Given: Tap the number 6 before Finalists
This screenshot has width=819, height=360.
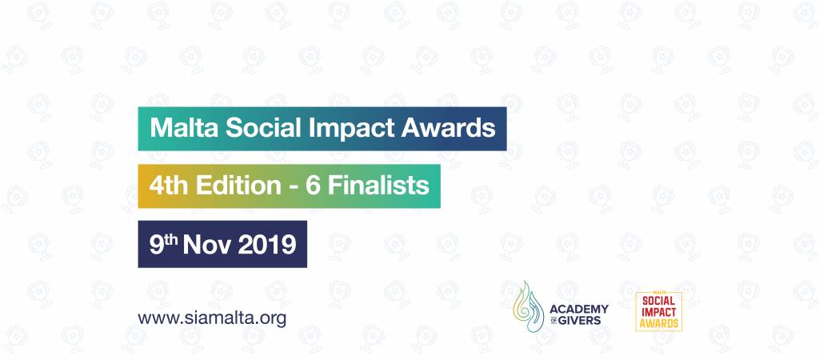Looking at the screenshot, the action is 312,186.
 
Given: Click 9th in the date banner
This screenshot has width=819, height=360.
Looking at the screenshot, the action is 163,245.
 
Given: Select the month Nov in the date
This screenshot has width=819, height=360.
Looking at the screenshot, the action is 206,246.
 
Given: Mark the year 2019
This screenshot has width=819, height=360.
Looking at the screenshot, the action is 266,246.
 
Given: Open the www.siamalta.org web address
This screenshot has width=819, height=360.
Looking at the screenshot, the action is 212,318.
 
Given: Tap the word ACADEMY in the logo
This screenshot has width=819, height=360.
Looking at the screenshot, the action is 579,310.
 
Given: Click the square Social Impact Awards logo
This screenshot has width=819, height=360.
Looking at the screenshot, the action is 659,311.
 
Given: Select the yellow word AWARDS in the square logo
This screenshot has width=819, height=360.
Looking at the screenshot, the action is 659,324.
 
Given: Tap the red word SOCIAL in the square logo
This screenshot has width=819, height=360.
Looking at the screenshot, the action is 659,301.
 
